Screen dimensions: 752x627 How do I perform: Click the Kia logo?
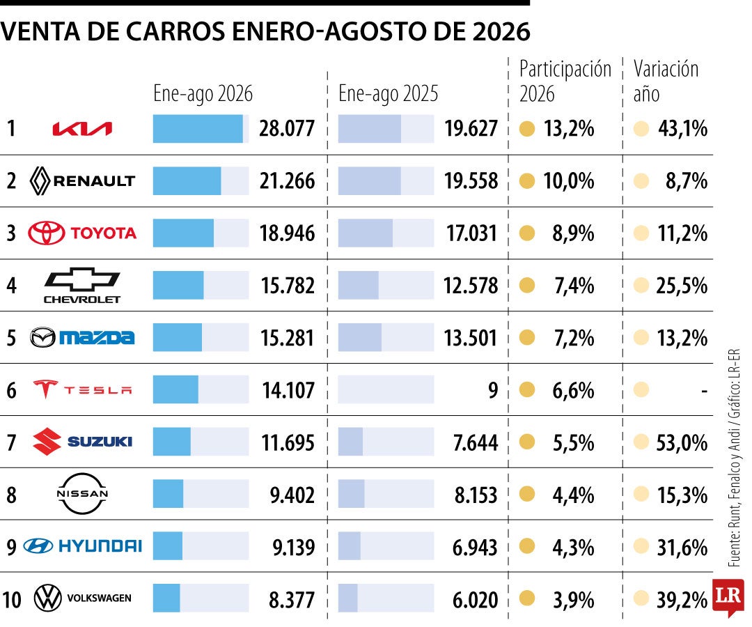coord(82,129)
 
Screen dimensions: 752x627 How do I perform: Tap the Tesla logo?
coord(82,389)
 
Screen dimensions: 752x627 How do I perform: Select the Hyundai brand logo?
coord(82,546)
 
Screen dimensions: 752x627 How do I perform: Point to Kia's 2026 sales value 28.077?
coord(287,129)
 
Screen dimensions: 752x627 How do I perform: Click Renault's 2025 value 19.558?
coord(471,181)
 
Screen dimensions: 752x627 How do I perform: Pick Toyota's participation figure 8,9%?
coord(573,233)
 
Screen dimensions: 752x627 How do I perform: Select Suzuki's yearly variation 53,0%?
coord(682,442)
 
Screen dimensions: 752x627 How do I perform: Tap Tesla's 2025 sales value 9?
coord(493,390)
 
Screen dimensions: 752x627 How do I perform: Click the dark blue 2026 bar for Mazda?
coord(178,337)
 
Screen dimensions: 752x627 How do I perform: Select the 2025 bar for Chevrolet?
coord(359,285)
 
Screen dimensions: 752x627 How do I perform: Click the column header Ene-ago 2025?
coord(388,93)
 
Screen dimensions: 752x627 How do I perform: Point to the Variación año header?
coord(666,81)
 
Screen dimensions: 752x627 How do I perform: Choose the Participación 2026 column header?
coord(565,81)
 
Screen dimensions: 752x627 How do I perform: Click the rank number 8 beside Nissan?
coord(12,495)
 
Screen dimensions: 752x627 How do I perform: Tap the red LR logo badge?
coord(728,597)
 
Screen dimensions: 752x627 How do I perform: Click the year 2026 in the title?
coord(501,31)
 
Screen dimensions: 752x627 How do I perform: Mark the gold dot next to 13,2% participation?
coord(527,129)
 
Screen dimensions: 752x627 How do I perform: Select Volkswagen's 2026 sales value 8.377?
coord(292,599)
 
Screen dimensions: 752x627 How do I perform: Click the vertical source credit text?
coord(735,458)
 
